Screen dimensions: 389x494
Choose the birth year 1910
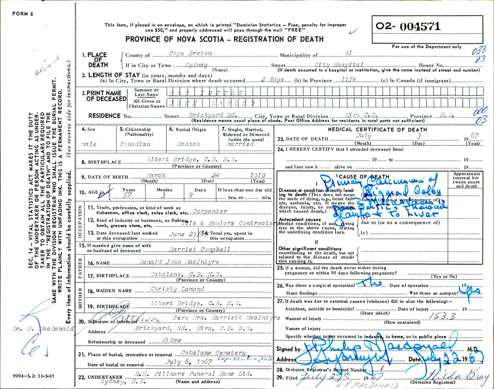(x=245, y=177)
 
